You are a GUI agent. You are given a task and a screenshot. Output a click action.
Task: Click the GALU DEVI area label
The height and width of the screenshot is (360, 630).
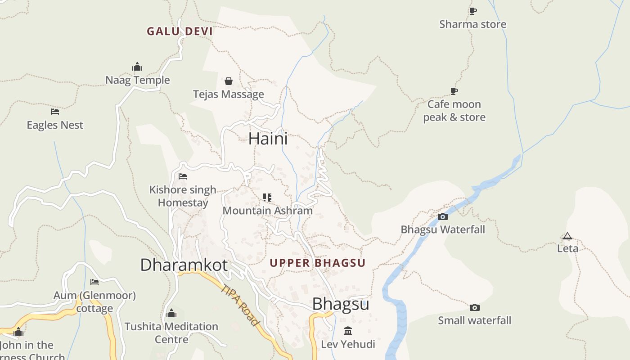[180, 31]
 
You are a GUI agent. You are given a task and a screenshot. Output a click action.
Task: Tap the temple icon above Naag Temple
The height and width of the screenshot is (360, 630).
[137, 67]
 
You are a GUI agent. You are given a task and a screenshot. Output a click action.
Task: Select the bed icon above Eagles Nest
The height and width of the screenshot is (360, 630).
[55, 112]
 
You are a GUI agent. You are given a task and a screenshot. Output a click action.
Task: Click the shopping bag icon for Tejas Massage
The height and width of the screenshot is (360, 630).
[229, 81]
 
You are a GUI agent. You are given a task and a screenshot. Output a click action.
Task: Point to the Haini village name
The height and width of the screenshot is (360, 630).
[268, 139]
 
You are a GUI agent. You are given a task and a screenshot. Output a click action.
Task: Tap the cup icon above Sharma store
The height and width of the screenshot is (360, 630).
[472, 11]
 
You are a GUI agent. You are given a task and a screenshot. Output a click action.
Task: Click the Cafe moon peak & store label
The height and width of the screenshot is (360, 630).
[454, 111]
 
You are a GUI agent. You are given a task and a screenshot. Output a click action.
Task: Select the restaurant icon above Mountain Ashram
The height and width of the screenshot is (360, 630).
[267, 198]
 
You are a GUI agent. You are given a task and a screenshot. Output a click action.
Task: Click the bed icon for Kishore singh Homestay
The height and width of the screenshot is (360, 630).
[183, 176]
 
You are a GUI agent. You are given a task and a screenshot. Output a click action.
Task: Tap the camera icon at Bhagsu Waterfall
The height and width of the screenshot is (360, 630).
[443, 216]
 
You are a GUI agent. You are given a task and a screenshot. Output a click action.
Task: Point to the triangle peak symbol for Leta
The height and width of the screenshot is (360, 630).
[567, 236]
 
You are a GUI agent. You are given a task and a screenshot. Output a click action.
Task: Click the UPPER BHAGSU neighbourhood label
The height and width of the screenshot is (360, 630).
[318, 263]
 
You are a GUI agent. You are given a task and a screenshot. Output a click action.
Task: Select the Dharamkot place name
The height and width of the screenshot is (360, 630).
[184, 265]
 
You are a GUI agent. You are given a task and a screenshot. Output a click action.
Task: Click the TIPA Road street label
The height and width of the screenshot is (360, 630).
[240, 305]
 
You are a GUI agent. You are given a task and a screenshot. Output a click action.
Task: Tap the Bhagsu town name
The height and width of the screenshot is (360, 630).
[341, 304]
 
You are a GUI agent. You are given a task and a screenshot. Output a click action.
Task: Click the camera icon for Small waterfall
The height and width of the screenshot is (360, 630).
[474, 308]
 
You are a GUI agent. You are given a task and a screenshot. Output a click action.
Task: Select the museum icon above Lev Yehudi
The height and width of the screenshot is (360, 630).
[348, 331]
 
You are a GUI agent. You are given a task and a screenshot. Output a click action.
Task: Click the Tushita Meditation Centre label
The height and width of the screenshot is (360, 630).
[171, 333]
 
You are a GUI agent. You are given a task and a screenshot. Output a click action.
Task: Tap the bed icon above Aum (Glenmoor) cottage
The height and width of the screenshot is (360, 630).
[94, 282]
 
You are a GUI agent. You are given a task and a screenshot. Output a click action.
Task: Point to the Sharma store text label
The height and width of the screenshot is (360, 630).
[472, 24]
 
